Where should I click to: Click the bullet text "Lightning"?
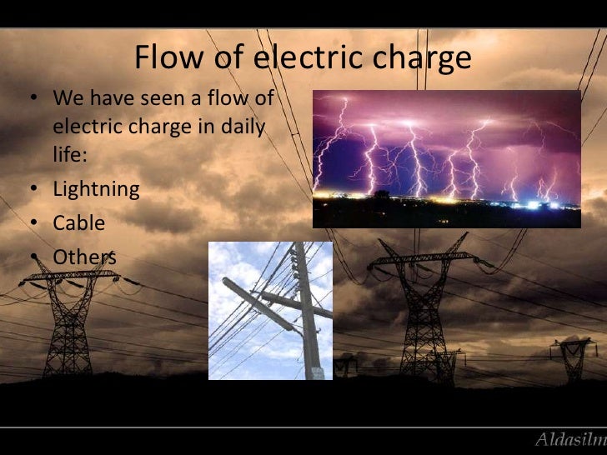[96, 189]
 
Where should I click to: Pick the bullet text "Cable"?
[79, 222]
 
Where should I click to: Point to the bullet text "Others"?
[84, 256]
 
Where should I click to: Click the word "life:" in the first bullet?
[68, 157]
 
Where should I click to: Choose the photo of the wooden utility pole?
[270, 310]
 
